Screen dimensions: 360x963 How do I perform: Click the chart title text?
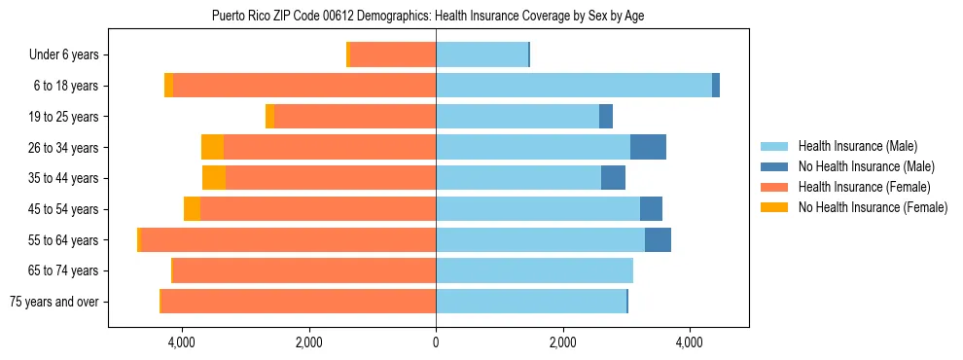point(428,16)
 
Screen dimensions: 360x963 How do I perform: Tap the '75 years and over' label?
point(54,302)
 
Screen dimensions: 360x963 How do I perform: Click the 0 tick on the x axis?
point(436,342)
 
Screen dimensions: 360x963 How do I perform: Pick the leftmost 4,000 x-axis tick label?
point(182,342)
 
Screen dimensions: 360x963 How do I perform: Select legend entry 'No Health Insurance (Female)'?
point(873,207)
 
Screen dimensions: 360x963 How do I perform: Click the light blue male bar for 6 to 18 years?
point(574,86)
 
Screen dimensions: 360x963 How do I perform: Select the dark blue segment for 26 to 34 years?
point(648,147)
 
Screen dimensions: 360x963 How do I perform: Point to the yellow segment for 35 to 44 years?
point(214,178)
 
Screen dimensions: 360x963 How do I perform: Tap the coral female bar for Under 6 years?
point(393,55)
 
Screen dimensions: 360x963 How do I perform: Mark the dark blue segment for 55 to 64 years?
point(658,239)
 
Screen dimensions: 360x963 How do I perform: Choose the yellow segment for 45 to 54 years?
point(192,209)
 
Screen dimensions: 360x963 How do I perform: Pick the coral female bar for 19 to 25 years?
point(355,117)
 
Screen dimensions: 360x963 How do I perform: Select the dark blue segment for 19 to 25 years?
point(606,117)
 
